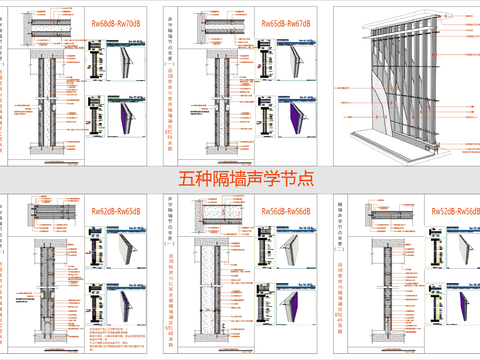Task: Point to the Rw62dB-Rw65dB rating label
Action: [x=114, y=213]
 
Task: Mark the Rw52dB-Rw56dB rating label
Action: [x=453, y=213]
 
